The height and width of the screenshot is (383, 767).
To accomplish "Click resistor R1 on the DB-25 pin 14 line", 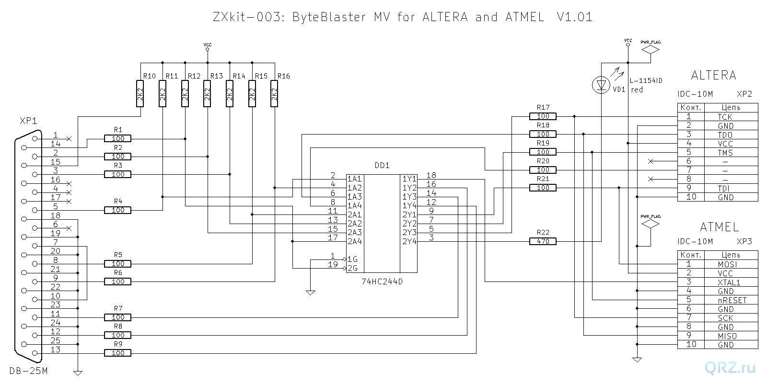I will tap(117, 139).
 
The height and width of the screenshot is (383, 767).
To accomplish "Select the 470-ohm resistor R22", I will tap(543, 242).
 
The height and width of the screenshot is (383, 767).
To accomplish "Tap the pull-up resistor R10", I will tap(140, 93).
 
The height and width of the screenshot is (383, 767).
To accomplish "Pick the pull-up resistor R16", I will tap(274, 93).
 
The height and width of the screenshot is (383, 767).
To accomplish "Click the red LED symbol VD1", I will tap(601, 85).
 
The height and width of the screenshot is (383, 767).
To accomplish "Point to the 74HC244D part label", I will tap(382, 282).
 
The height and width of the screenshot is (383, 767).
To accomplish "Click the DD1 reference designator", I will tap(382, 165).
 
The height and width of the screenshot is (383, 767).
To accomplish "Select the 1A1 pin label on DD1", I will tap(354, 179).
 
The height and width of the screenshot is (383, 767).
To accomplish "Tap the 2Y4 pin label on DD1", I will tap(409, 241).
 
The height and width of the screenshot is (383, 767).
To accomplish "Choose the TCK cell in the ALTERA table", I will tap(725, 117).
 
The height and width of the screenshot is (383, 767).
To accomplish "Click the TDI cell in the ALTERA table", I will tap(725, 188).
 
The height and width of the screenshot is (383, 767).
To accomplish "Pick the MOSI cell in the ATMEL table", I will tap(727, 264).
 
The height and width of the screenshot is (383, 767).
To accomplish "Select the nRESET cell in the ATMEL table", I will tap(732, 300).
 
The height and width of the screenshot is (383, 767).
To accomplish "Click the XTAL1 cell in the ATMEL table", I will tap(729, 282).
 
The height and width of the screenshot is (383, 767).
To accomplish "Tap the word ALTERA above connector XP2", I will tap(713, 75).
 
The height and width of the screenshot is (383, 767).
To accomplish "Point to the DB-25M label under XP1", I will tap(29, 371).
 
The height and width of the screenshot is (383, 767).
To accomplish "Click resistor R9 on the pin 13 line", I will tap(117, 353).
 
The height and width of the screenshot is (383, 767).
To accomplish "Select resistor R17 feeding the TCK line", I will tap(543, 116).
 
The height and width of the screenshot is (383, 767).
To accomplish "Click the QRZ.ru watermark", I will tap(730, 368).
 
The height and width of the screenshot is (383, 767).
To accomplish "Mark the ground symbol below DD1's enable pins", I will tap(310, 292).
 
